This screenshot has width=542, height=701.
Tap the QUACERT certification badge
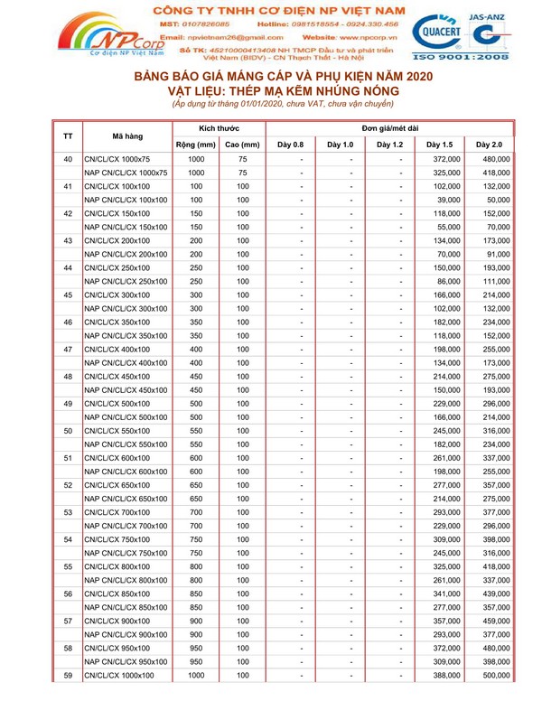tap(438, 38)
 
